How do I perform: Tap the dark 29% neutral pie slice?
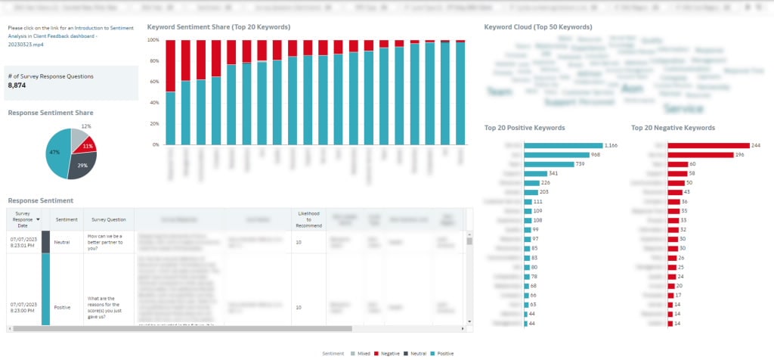tap(82, 166)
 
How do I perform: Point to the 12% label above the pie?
tap(86, 126)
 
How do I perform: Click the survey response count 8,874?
tap(17, 85)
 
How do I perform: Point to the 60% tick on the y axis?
tap(154, 81)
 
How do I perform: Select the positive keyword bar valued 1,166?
tap(562, 145)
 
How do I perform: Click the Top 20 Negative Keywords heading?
tap(673, 128)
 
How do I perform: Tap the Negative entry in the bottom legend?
tap(389, 353)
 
